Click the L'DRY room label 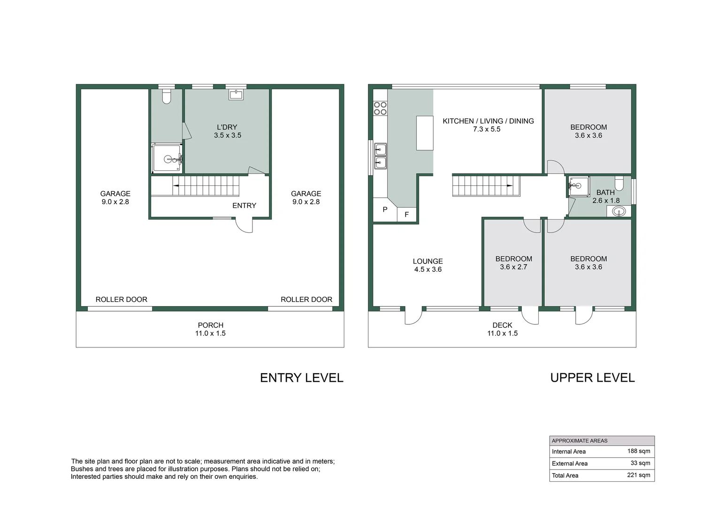click(227, 127)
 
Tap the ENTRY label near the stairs click(244, 206)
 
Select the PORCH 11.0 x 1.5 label click(210, 329)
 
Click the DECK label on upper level click(502, 325)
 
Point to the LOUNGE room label click(427, 261)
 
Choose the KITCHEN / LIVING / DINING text click(488, 121)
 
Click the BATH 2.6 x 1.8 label click(605, 196)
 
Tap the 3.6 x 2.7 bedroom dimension click(513, 267)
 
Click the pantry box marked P click(385, 209)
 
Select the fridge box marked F click(406, 214)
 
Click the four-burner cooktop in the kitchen click(380, 108)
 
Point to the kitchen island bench click(425, 133)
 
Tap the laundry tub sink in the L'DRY click(236, 95)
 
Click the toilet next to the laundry click(166, 97)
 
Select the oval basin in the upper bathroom click(618, 212)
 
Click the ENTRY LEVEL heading click(301, 378)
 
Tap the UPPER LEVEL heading click(592, 378)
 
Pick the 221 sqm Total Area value click(639, 475)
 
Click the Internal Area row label click(568, 452)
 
